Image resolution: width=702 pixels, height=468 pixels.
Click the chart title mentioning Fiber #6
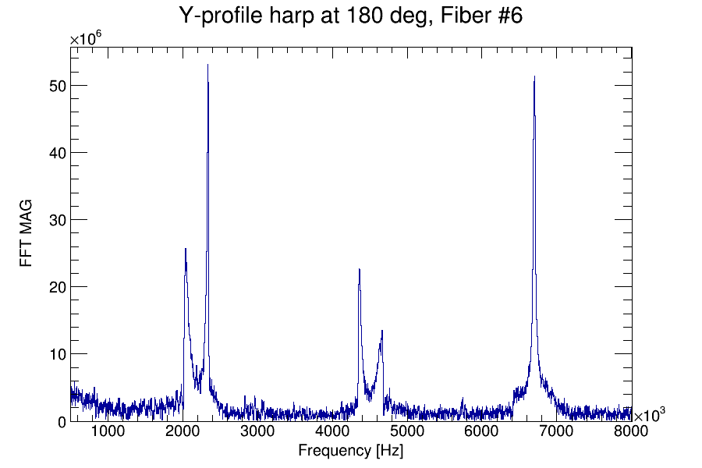click(x=350, y=16)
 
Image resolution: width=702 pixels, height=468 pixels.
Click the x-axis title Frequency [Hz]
click(x=350, y=451)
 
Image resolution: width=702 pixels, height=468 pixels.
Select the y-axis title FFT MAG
click(x=27, y=234)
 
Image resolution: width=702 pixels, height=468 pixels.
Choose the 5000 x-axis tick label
click(x=407, y=431)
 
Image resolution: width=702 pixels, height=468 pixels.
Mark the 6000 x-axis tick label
click(x=482, y=431)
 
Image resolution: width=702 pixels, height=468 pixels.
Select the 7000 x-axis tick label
click(x=557, y=431)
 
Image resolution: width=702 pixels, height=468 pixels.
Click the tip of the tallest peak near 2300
click(x=207, y=65)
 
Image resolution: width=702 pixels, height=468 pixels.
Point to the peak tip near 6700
click(x=534, y=76)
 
